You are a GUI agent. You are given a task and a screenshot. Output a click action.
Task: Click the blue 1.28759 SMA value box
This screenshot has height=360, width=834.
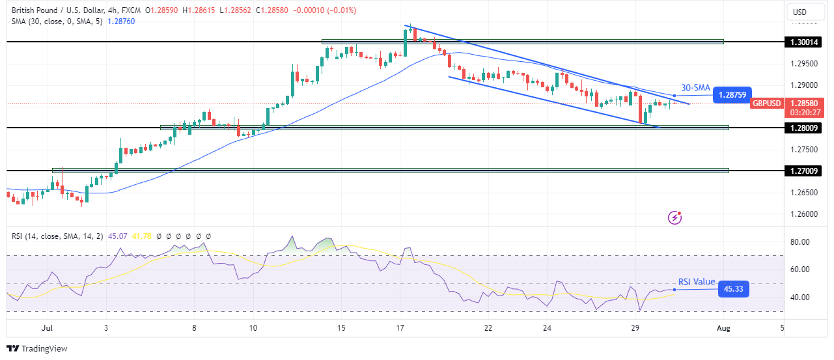tap(733, 95)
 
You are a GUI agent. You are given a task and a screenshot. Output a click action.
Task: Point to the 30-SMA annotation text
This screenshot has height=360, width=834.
tap(695, 88)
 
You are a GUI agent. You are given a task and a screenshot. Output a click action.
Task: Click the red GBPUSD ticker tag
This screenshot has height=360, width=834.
tap(767, 103)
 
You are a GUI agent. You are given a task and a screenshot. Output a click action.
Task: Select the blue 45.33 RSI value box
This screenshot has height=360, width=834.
tap(733, 290)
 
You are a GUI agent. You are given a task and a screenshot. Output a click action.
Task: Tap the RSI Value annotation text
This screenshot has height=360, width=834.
tap(697, 282)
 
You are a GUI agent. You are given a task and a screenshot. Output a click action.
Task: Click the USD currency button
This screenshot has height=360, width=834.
tap(799, 12)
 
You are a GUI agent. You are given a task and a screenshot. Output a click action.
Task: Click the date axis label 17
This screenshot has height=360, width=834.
tap(400, 328)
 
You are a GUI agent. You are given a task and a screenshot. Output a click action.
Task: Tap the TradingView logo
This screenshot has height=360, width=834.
tap(37, 348)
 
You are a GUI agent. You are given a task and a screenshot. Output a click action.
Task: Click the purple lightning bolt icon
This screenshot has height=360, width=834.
tap(675, 217)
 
